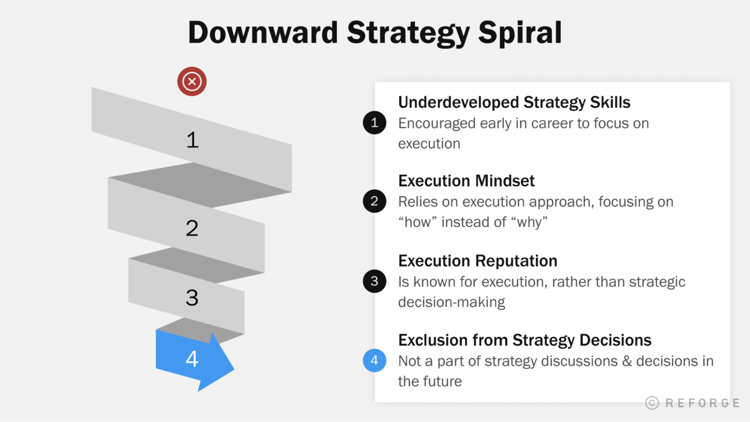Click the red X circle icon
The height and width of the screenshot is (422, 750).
(x=191, y=81)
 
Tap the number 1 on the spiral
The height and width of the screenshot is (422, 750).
(x=192, y=140)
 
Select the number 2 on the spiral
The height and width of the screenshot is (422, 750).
(x=192, y=228)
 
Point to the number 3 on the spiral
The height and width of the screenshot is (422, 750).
(x=192, y=298)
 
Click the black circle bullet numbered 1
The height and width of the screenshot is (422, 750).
(x=374, y=123)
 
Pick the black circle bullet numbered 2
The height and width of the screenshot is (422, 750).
(x=374, y=201)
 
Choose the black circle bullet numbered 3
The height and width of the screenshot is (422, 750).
(x=374, y=281)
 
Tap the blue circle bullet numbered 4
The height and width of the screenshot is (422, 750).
(x=374, y=360)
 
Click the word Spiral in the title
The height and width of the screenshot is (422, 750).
(x=519, y=33)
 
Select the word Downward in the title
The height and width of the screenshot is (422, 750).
(x=263, y=33)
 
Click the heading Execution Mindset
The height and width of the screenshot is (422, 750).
(x=466, y=180)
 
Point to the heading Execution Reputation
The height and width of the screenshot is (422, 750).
(x=477, y=260)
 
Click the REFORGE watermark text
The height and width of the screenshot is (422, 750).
(x=702, y=403)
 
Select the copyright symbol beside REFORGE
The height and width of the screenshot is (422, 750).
(x=652, y=403)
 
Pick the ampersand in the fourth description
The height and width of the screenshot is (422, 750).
(x=627, y=361)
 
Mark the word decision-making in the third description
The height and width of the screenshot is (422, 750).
(x=451, y=302)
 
